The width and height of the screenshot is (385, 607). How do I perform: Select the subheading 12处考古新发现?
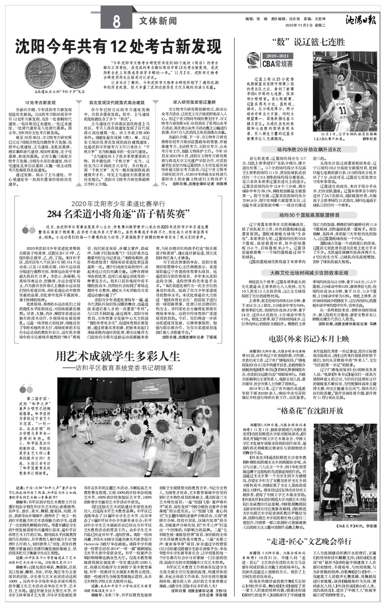41,103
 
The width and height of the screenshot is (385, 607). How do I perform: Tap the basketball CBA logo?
252,59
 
